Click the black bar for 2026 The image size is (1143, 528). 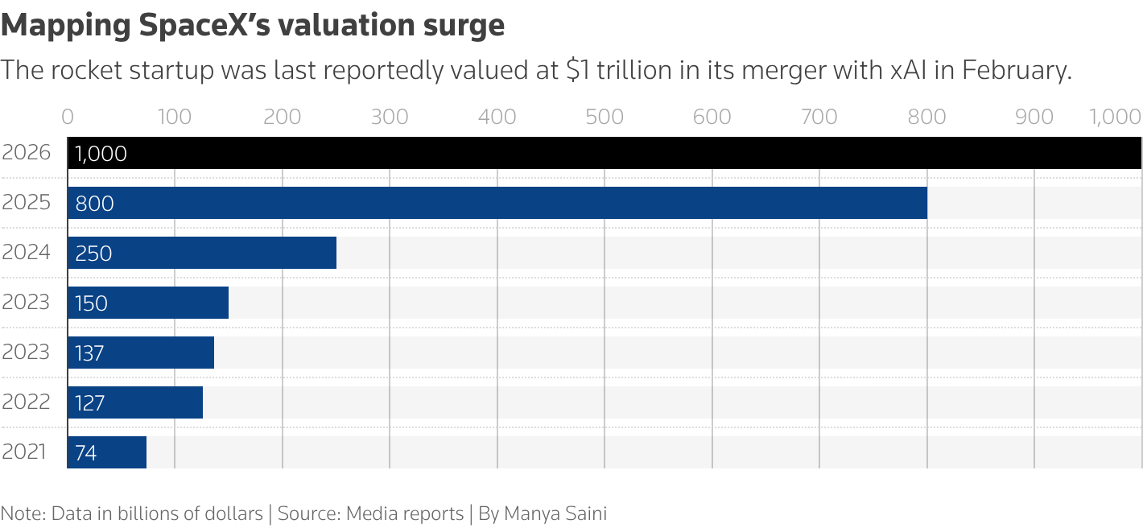[x=604, y=153]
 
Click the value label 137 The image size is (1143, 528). [x=89, y=353]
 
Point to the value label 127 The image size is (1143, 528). [x=89, y=403]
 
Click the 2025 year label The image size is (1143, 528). [x=26, y=202]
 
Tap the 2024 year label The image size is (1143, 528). [x=26, y=252]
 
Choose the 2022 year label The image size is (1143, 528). [x=26, y=402]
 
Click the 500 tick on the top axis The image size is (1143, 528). [x=605, y=117]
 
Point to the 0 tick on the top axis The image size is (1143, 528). [x=68, y=117]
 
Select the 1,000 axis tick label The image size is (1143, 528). [x=1116, y=117]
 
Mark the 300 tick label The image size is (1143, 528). [x=390, y=117]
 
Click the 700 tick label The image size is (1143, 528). [x=819, y=117]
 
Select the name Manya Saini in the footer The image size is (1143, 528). [x=555, y=514]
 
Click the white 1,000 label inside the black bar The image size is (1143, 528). [x=101, y=154]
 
